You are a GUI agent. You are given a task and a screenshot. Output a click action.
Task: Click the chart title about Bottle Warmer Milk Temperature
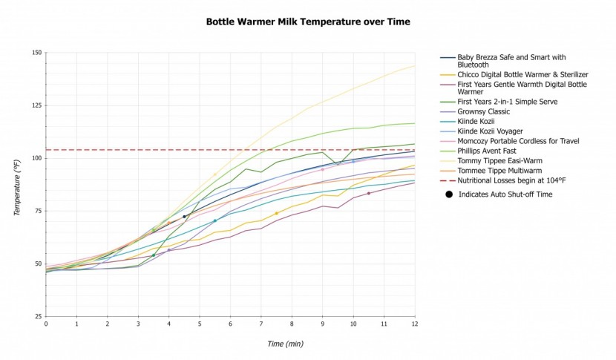click(x=307, y=22)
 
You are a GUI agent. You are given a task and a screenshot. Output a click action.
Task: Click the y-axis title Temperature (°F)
click(x=17, y=185)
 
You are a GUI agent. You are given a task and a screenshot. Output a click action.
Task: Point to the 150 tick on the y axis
click(x=36, y=53)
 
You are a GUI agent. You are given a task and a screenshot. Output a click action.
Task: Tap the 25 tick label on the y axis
click(x=37, y=317)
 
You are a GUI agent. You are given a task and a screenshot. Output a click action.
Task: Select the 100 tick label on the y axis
click(x=36, y=158)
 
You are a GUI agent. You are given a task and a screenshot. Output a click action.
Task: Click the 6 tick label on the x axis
click(x=230, y=324)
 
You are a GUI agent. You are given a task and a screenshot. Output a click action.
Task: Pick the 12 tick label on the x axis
click(x=414, y=324)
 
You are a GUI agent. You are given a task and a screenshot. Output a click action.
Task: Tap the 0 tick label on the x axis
click(x=46, y=324)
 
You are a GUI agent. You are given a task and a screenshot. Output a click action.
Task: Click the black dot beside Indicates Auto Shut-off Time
click(x=448, y=194)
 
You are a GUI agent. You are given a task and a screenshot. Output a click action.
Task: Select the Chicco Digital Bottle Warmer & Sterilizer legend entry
click(x=513, y=74)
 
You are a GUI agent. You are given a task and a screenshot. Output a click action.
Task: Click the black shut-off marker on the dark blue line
click(x=184, y=217)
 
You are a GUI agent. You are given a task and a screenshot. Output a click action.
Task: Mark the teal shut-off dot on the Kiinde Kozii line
click(x=215, y=220)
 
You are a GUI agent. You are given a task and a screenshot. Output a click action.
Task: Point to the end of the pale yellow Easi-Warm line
click(x=414, y=66)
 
